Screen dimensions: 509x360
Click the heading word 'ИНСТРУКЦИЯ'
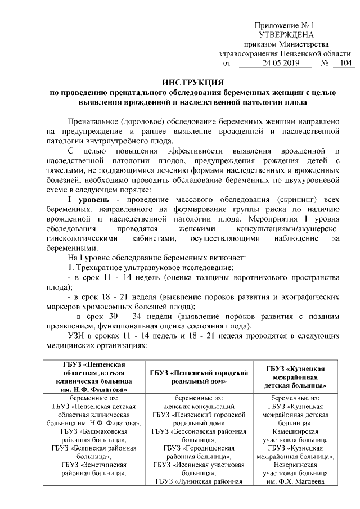click(186, 83)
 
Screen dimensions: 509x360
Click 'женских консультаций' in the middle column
click(199, 406)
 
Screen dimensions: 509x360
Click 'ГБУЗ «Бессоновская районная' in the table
click(199, 431)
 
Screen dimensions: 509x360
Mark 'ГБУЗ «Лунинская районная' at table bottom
click(199, 481)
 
